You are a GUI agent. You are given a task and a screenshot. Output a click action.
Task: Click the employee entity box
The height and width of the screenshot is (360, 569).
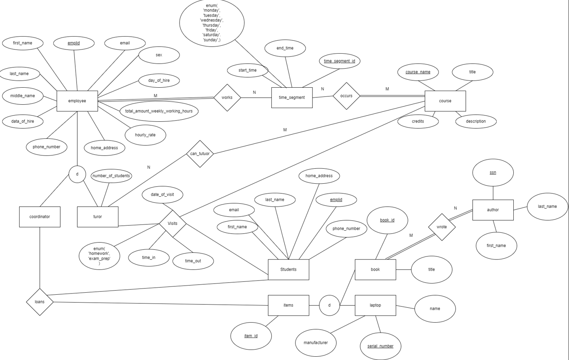pyautogui.click(x=77, y=101)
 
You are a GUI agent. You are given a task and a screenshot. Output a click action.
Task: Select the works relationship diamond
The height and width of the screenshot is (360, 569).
pyautogui.click(x=227, y=98)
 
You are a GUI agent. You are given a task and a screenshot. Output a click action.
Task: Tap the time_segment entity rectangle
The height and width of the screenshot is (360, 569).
pyautogui.click(x=292, y=98)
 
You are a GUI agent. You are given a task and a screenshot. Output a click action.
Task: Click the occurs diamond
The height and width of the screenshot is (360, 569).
pyautogui.click(x=346, y=96)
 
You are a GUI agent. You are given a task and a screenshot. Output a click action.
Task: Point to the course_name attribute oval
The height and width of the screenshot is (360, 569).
pyautogui.click(x=418, y=72)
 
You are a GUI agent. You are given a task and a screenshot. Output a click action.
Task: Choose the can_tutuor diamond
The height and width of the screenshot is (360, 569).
pyautogui.click(x=200, y=154)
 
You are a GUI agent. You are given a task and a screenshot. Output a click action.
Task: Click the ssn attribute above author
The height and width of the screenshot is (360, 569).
pyautogui.click(x=493, y=173)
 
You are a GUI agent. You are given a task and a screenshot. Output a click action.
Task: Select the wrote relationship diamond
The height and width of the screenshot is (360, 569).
pyautogui.click(x=442, y=227)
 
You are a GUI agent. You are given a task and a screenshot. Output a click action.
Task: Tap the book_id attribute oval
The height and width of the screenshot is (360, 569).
pyautogui.click(x=387, y=220)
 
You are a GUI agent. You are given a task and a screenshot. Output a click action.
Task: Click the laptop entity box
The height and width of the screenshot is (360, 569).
pyautogui.click(x=375, y=305)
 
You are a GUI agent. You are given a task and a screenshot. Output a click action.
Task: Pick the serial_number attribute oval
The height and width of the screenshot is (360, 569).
pyautogui.click(x=380, y=346)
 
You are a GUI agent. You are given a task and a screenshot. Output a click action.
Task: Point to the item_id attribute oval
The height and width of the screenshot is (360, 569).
pyautogui.click(x=251, y=335)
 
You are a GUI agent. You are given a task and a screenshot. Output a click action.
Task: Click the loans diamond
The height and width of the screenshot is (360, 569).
pyautogui.click(x=40, y=302)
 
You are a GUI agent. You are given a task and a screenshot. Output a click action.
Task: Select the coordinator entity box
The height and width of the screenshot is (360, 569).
pyautogui.click(x=39, y=217)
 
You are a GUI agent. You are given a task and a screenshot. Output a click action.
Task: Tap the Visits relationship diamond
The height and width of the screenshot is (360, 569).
pyautogui.click(x=172, y=224)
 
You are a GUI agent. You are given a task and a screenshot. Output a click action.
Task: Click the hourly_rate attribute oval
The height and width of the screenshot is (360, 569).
pyautogui.click(x=145, y=135)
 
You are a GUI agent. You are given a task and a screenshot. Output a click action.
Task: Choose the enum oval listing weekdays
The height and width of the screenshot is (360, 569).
pyautogui.click(x=212, y=23)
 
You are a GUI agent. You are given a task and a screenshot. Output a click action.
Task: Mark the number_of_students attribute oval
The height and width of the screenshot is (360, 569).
pyautogui.click(x=111, y=176)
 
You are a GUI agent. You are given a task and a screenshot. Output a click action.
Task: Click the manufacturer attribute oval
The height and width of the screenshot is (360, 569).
pyautogui.click(x=315, y=343)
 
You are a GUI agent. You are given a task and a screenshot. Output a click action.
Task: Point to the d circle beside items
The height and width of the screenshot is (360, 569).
pyautogui.click(x=329, y=305)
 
